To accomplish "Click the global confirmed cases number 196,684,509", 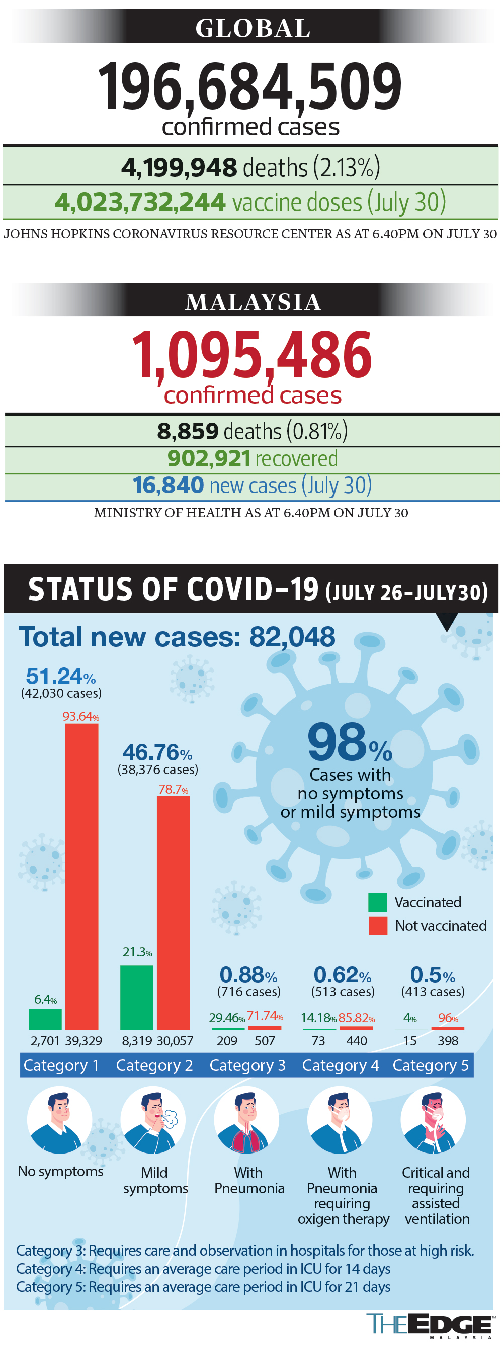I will tap(249, 86).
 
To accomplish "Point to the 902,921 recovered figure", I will tap(209, 459).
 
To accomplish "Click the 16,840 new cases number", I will tap(168, 485).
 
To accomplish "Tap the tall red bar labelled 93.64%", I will tap(81, 877).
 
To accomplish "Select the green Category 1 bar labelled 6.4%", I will tap(45, 1019).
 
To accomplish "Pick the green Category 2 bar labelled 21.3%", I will tap(136, 997).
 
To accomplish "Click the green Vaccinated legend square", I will tap(377, 902).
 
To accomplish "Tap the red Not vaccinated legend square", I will tap(377, 925).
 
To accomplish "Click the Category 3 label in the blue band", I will tap(247, 1065).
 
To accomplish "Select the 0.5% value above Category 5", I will tap(432, 974).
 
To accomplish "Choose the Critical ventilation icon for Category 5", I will tap(433, 1119).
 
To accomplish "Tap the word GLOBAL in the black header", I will tap(253, 28).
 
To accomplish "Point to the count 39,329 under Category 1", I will tap(83, 1040).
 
